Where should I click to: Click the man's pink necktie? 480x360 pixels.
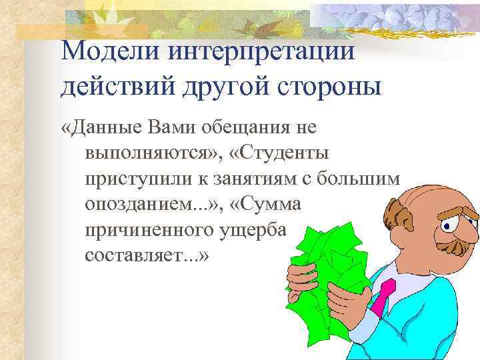[x=384, y=297]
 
